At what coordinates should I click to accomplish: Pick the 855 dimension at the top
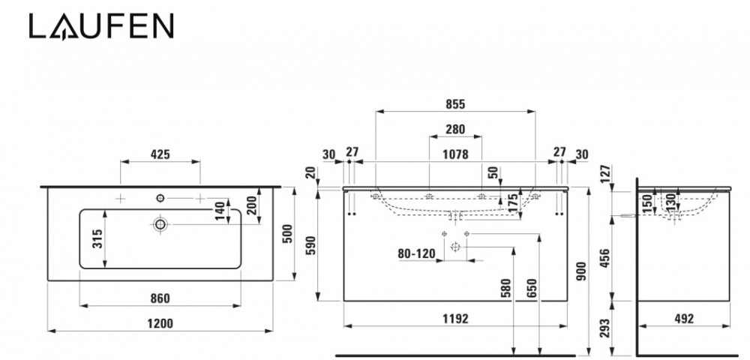tap(455, 105)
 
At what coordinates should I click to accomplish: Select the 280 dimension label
tap(455, 130)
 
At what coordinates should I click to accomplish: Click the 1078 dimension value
tap(455, 154)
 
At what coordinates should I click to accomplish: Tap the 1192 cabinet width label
tap(455, 319)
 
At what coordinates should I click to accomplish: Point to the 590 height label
tap(312, 245)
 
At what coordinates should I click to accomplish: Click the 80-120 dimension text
tap(416, 253)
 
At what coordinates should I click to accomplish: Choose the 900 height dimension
tap(580, 274)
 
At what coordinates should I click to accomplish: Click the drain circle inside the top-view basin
tap(160, 223)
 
